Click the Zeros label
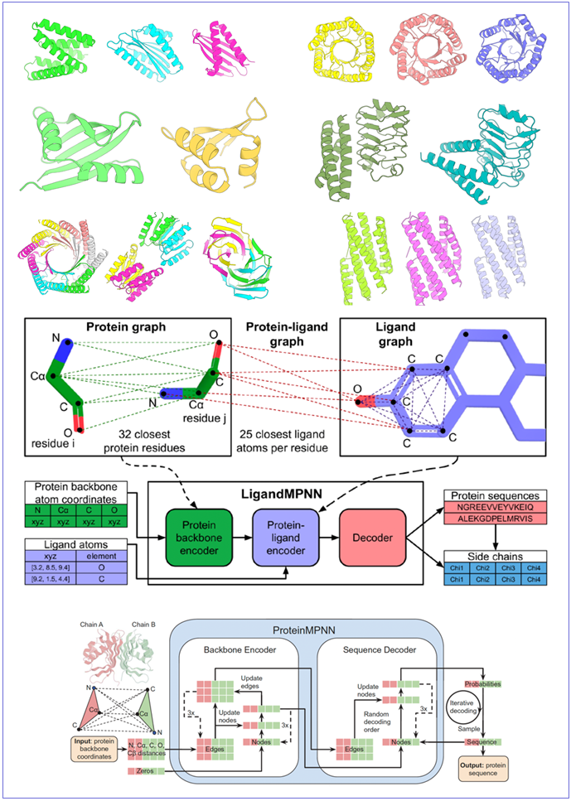click(144, 770)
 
